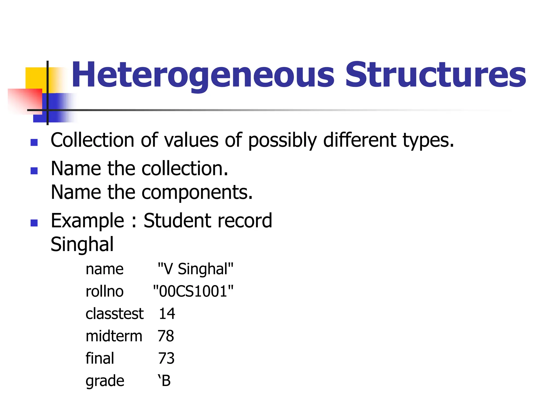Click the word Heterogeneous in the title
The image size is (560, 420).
tap(202, 75)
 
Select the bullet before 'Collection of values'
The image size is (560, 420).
tap(34, 142)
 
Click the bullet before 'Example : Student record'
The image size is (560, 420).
tap(34, 223)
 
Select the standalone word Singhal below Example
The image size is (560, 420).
tap(82, 244)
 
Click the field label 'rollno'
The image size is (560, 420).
tap(104, 291)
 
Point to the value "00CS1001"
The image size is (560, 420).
tap(193, 291)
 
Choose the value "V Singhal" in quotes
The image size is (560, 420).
tap(196, 269)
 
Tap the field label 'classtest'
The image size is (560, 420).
tap(114, 314)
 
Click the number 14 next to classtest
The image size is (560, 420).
tap(167, 314)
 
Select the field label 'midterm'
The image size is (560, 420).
tap(114, 336)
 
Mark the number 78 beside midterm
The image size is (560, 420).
tap(166, 336)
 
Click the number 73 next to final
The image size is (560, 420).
tap(166, 358)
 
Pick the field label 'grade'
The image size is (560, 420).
tap(105, 381)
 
